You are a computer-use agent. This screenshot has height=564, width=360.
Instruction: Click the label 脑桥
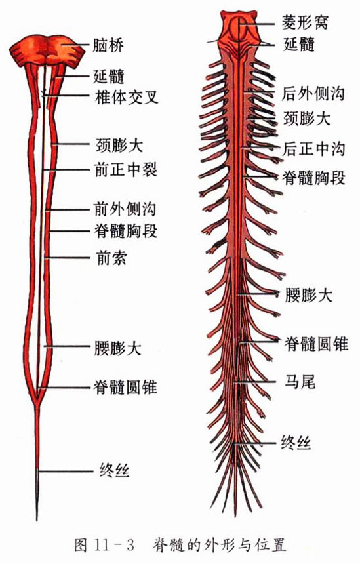[108, 46]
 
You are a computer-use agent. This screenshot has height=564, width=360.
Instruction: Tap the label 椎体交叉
[127, 97]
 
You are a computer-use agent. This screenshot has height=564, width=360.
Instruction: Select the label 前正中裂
[127, 169]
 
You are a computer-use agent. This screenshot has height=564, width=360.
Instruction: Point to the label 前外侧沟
[125, 209]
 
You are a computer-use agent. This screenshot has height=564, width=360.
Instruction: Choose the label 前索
[111, 258]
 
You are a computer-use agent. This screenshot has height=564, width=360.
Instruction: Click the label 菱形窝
[305, 22]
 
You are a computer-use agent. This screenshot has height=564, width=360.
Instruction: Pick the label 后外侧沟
[313, 94]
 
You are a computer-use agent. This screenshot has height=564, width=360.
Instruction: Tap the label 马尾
[300, 381]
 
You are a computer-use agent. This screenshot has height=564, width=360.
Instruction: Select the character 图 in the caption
[81, 545]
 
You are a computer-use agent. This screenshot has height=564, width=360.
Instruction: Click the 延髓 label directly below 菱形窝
[299, 45]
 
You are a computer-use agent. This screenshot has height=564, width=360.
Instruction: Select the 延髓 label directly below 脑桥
[109, 76]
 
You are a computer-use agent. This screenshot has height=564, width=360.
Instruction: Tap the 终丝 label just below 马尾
[296, 443]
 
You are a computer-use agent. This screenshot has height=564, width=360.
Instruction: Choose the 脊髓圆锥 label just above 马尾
[317, 344]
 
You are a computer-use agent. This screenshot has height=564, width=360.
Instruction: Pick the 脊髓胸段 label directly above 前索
[126, 231]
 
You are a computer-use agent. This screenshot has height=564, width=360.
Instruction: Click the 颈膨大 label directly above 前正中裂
[119, 145]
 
